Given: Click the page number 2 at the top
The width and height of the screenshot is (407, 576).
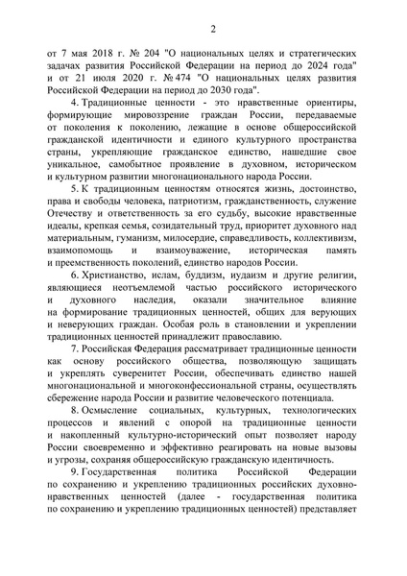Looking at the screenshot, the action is coord(203,15).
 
